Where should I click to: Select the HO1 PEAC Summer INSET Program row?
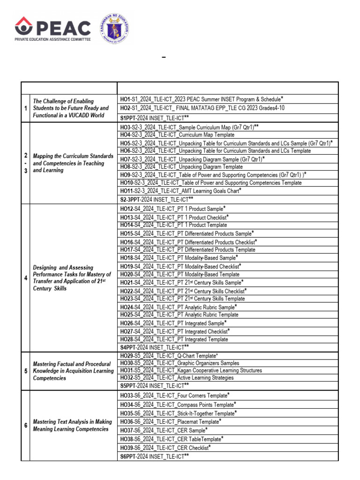(x=202, y=99)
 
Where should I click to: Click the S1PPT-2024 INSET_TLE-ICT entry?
(x=154, y=118)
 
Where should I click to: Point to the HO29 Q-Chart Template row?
(x=169, y=356)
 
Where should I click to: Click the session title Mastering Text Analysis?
(x=72, y=425)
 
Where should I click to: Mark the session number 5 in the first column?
(x=25, y=371)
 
